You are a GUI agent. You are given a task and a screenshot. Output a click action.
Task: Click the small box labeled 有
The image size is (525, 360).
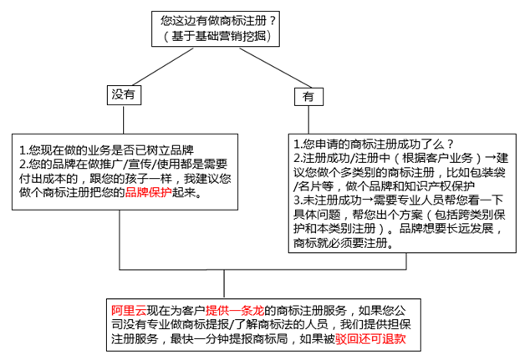(308, 97)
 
